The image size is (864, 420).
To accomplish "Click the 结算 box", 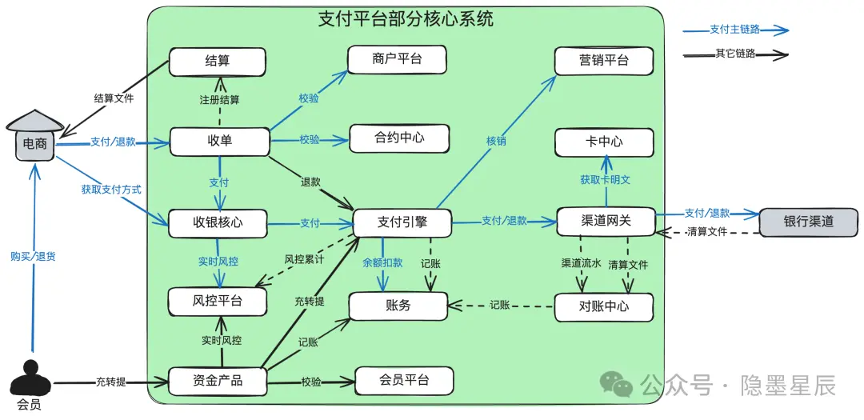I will point(217,62).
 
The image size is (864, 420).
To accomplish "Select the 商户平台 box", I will point(397,60).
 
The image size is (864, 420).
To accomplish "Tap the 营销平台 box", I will point(604,61).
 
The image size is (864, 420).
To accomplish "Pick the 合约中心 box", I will point(398,138).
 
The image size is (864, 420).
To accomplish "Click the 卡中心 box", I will point(604,142).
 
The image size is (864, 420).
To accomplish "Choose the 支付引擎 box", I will point(401,222).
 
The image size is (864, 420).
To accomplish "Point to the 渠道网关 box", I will point(606,221).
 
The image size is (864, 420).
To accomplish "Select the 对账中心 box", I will point(603,306).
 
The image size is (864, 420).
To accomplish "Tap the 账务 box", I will point(398,306).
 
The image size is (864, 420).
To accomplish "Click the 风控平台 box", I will point(217,302).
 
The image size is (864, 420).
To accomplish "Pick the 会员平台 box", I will point(404,380).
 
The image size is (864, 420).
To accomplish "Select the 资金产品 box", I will point(217,381).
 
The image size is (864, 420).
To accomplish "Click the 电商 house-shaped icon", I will point(34,136).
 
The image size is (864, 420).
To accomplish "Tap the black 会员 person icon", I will point(30,379).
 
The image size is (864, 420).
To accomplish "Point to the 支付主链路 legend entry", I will point(735,30).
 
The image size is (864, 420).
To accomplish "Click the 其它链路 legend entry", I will point(735,54).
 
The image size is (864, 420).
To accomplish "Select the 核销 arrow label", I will point(495,141).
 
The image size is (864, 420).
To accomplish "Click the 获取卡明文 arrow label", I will point(605,180).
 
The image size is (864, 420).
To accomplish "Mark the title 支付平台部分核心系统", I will point(406,19).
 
